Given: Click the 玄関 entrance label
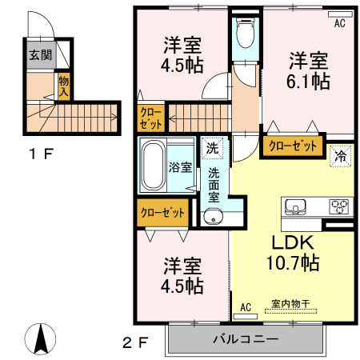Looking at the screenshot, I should click(x=41, y=55).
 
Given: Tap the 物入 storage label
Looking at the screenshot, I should click(x=62, y=85).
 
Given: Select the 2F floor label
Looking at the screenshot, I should click(x=135, y=344).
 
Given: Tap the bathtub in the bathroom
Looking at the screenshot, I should click(x=153, y=165).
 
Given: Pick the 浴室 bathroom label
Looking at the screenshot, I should click(x=180, y=167).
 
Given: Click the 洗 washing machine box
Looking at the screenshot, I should click(x=211, y=148).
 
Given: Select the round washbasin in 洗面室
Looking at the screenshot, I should click(x=212, y=215).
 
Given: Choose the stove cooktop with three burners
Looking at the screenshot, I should click(x=340, y=206).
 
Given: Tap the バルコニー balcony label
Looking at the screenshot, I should click(x=245, y=339).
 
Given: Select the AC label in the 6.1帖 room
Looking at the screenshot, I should click(x=338, y=23).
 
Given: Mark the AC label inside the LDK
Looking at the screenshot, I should click(x=246, y=307).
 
